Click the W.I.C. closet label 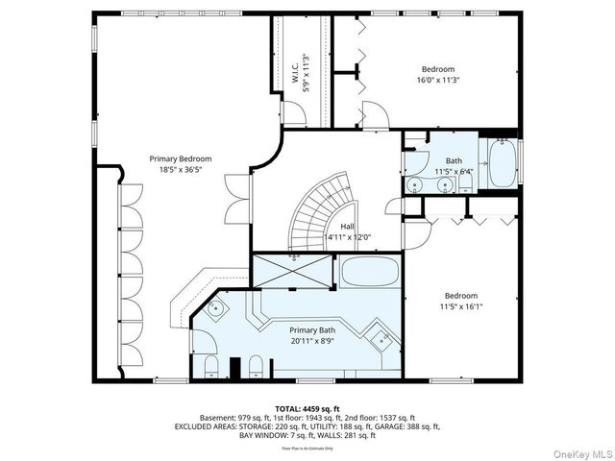click(296, 82)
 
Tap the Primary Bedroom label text click(180, 158)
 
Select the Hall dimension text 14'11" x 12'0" click(348, 236)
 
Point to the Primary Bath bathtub click(369, 271)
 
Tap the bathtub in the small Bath click(502, 164)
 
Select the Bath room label click(454, 160)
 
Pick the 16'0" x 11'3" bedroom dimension click(437, 81)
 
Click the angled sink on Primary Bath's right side click(381, 337)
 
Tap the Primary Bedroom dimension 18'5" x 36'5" click(180, 170)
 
